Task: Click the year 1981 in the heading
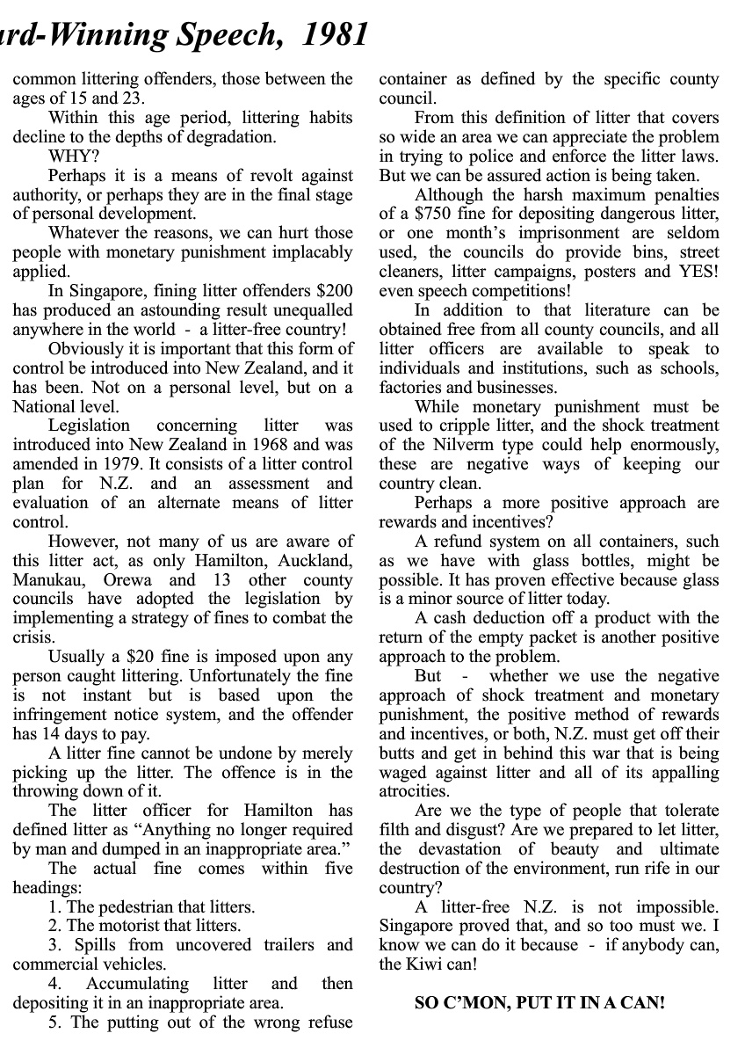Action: click(335, 33)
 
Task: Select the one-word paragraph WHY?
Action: click(68, 156)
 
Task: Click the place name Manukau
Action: click(50, 580)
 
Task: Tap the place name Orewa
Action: click(127, 580)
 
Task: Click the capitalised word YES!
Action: click(697, 272)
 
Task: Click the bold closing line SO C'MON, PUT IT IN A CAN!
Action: click(539, 1003)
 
